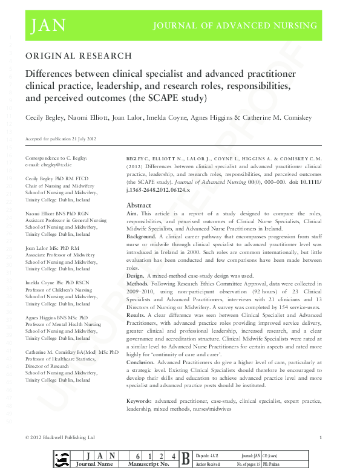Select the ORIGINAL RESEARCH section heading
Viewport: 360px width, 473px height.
pyautogui.click(x=78, y=56)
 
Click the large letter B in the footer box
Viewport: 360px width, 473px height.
pyautogui.click(x=186, y=458)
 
